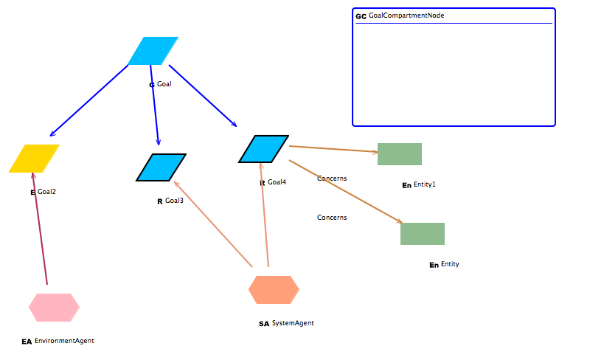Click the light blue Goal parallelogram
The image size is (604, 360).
pyautogui.click(x=153, y=51)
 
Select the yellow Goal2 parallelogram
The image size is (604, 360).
pyautogui.click(x=34, y=159)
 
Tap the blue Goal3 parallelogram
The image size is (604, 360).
pyautogui.click(x=161, y=167)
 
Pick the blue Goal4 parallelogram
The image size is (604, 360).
pyautogui.click(x=263, y=149)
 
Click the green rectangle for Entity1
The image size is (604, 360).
pyautogui.click(x=399, y=154)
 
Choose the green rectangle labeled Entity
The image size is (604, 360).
pyautogui.click(x=422, y=234)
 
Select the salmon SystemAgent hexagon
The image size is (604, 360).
pyautogui.click(x=274, y=290)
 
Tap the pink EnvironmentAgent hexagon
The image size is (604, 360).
pyautogui.click(x=54, y=308)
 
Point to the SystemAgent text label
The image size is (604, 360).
pyautogui.click(x=293, y=323)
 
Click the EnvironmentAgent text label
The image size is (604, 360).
pyautogui.click(x=64, y=341)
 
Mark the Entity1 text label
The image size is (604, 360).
pyautogui.click(x=424, y=184)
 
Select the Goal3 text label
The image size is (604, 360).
pyautogui.click(x=174, y=201)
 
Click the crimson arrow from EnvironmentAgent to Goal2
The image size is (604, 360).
pyautogui.click(x=40, y=229)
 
